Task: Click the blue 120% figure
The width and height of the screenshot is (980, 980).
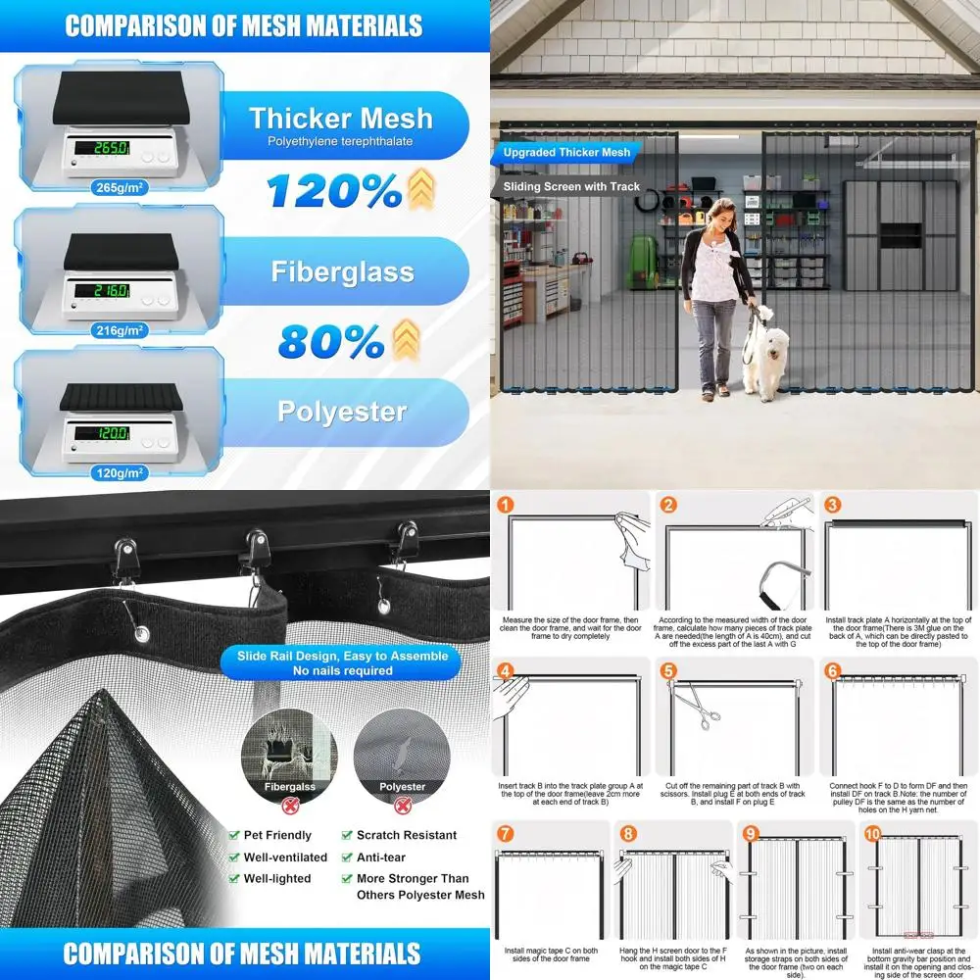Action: pos(333,191)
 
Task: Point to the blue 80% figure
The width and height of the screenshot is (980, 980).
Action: pos(331,341)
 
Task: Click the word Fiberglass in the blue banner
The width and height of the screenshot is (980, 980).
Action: pos(342,271)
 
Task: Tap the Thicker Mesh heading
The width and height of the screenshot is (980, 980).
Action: pos(340,119)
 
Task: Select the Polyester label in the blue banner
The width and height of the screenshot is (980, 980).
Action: pos(341,412)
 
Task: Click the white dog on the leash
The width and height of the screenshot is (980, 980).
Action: pos(765,357)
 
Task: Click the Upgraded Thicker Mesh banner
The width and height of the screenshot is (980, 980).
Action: pos(566,153)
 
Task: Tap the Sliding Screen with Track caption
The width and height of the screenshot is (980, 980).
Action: pos(571,186)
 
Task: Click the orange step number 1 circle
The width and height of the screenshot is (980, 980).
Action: pos(505,506)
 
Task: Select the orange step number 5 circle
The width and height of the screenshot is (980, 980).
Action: pos(668,671)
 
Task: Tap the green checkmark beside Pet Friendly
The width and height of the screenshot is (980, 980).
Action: pos(234,836)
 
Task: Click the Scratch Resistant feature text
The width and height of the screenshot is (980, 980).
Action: pos(406,835)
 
